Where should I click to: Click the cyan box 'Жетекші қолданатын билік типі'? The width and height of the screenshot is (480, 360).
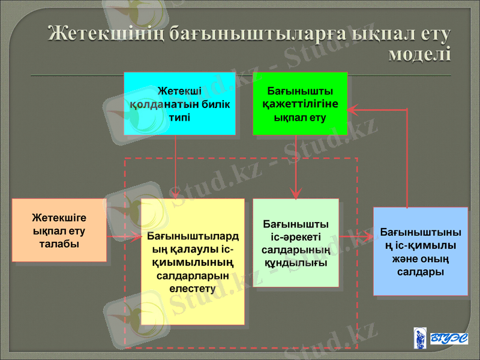(x=179, y=103)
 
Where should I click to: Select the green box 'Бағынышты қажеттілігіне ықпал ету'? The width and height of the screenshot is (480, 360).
(x=299, y=103)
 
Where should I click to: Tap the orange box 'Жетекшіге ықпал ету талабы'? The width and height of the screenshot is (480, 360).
(x=59, y=230)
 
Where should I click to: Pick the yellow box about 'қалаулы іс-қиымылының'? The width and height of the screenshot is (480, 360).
(x=193, y=262)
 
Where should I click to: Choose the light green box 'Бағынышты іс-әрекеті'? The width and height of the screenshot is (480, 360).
(x=296, y=242)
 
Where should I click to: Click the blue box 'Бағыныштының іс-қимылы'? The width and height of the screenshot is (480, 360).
(x=420, y=251)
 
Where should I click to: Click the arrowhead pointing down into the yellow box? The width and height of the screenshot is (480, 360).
(x=175, y=193)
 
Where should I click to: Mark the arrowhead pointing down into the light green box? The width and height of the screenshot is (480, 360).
(x=296, y=193)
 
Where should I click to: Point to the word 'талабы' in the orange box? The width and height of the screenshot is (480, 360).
(x=59, y=244)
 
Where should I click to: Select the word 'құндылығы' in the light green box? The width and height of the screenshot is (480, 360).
(x=296, y=263)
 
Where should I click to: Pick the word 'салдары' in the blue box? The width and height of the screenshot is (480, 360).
(x=420, y=272)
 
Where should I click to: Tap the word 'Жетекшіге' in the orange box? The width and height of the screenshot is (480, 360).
(x=59, y=217)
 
